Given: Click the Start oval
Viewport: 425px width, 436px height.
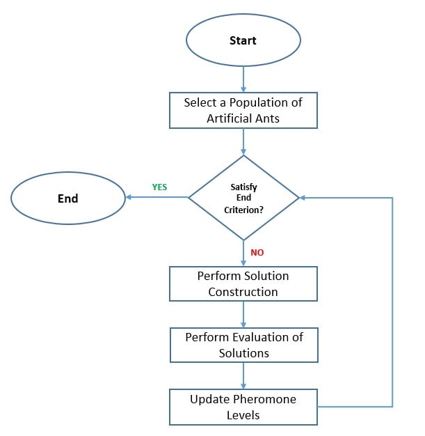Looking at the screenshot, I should [x=243, y=40].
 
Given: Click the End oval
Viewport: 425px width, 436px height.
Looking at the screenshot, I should [x=67, y=198].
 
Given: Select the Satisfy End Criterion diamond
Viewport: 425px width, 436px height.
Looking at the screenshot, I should [x=243, y=198].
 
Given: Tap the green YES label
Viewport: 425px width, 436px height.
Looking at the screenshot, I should [x=159, y=187].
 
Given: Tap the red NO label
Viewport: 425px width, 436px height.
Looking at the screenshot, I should [x=257, y=253].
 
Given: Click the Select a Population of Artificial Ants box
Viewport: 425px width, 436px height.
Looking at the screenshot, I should [x=243, y=110].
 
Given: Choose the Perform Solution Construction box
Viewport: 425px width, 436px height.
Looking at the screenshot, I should [x=243, y=283].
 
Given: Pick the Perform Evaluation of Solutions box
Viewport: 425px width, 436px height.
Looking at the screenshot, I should [x=243, y=345].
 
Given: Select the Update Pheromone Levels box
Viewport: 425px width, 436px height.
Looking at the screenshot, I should [x=243, y=407].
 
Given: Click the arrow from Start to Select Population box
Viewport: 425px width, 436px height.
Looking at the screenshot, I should [x=243, y=79].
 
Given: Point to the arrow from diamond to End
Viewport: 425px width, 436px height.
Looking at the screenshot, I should [x=157, y=198].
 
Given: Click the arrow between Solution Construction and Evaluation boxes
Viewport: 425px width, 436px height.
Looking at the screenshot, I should [x=243, y=314].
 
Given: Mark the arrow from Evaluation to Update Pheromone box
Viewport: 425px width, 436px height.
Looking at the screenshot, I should [x=243, y=375].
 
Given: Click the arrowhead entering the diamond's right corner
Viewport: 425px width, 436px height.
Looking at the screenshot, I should [x=303, y=198].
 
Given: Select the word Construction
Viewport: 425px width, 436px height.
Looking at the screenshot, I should [x=243, y=292].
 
